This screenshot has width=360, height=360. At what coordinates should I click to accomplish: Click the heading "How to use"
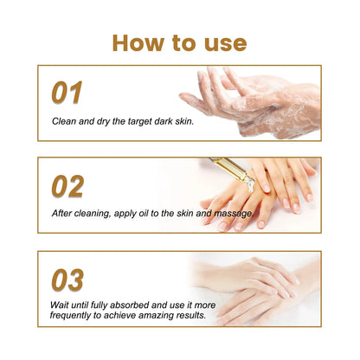pos(179,43)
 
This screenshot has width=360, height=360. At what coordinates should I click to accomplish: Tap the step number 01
pos(67,93)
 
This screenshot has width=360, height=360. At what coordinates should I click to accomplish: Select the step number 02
pos(68,185)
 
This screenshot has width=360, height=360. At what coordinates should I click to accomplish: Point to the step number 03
pos(68,279)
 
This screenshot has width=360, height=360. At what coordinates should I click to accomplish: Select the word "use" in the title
pos(222,43)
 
